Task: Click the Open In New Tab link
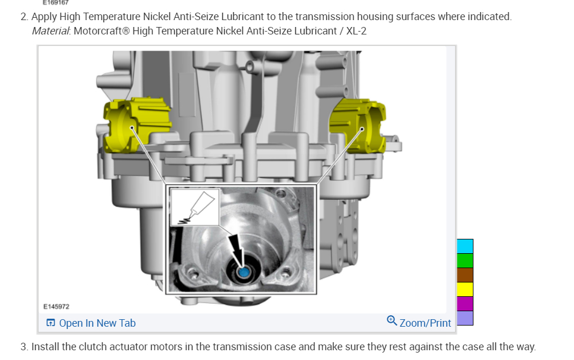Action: pos(91,323)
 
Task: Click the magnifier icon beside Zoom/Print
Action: pos(392,321)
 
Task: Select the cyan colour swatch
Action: pos(465,246)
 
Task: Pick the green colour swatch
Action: pos(465,261)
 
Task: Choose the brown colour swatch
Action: pos(465,275)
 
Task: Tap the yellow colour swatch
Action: pos(465,289)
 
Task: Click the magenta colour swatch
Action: pos(465,304)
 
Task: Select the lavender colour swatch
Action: pos(465,318)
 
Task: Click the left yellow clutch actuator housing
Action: pos(136,125)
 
